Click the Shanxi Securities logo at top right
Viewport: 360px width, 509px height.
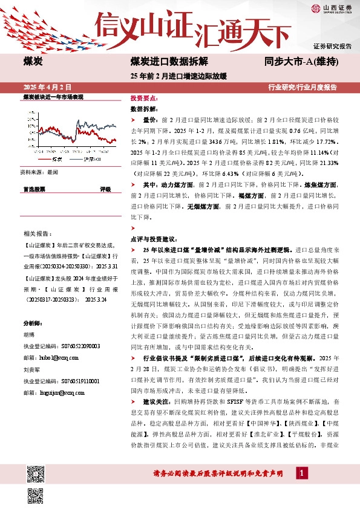pyautogui.click(x=332, y=8)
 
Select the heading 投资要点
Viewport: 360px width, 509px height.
pyautogui.click(x=143, y=98)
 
